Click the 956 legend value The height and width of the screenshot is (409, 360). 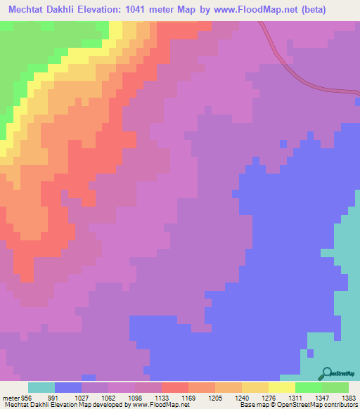(27, 397)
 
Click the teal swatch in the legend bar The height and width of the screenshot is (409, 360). (41, 387)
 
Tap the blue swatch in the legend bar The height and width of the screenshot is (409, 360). (68, 387)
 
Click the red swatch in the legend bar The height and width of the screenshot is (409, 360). (175, 387)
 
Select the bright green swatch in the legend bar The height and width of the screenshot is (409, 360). (309, 387)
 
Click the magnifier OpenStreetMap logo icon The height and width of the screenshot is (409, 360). (328, 372)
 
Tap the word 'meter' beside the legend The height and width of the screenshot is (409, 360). (11, 397)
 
